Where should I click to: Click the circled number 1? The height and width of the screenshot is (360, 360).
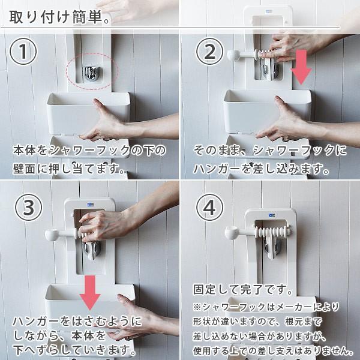pyautogui.click(x=23, y=51)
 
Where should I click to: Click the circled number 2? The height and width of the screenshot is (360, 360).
pyautogui.click(x=209, y=51)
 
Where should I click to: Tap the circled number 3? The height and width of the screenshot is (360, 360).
pyautogui.click(x=28, y=208)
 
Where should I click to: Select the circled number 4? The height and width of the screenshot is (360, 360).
pyautogui.click(x=209, y=208)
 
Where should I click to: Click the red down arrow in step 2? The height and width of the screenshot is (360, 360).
pyautogui.click(x=301, y=67)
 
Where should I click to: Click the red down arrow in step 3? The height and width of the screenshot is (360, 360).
pyautogui.click(x=90, y=293)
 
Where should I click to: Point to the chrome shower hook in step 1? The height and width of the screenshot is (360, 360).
pyautogui.click(x=91, y=73)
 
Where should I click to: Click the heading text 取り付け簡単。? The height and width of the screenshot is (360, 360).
pyautogui.click(x=59, y=17)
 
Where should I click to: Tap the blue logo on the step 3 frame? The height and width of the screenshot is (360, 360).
pyautogui.click(x=90, y=205)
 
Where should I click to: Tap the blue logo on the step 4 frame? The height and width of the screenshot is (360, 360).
pyautogui.click(x=272, y=215)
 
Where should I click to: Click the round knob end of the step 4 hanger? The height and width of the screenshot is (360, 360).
pyautogui.click(x=231, y=233)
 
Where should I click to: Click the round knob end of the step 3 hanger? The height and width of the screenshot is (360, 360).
pyautogui.click(x=52, y=235)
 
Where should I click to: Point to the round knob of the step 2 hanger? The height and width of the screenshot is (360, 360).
pyautogui.click(x=233, y=55)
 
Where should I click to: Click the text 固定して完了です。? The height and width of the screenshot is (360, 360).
pyautogui.click(x=243, y=290)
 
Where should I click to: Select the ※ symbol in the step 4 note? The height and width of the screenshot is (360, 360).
pyautogui.click(x=197, y=307)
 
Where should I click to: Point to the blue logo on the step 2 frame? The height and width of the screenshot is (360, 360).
pyautogui.click(x=269, y=11)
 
